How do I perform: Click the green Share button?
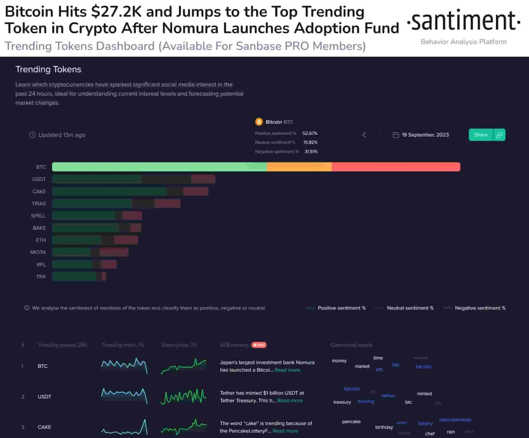pyautogui.click(x=480, y=135)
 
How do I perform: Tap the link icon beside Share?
pyautogui.click(x=499, y=135)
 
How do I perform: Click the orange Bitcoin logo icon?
pyautogui.click(x=259, y=122)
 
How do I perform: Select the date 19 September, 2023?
pyautogui.click(x=425, y=135)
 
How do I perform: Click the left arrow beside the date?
pyautogui.click(x=364, y=135)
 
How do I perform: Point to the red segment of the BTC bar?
pyautogui.click(x=395, y=167)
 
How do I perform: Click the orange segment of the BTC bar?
pyautogui.click(x=299, y=167)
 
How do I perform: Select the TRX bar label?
pyautogui.click(x=41, y=277)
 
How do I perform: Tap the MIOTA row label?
pyautogui.click(x=38, y=252)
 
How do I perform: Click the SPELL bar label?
pyautogui.click(x=38, y=216)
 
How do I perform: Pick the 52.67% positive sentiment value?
pyautogui.click(x=310, y=133)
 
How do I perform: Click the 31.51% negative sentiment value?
pyautogui.click(x=311, y=151)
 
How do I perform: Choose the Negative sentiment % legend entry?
pyautogui.click(x=480, y=308)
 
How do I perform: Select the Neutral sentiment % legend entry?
pyautogui.click(x=410, y=308)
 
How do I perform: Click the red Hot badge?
pyautogui.click(x=259, y=345)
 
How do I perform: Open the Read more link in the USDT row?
pyautogui.click(x=290, y=401)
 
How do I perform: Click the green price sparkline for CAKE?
pyautogui.click(x=184, y=427)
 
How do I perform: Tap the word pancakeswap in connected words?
pyautogui.click(x=455, y=420)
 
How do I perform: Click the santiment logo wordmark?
pyautogui.click(x=464, y=20)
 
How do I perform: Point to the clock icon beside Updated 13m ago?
pyautogui.click(x=32, y=135)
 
